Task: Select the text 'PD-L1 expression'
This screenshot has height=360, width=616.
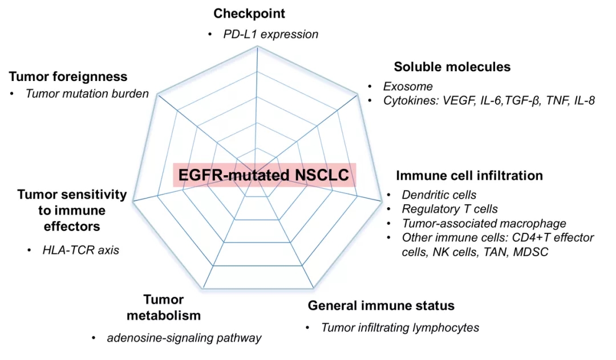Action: [270, 34]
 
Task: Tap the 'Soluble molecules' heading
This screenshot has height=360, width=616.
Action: [452, 67]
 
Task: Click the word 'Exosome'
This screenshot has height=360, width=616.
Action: [407, 87]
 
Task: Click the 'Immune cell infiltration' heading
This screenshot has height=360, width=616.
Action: [469, 175]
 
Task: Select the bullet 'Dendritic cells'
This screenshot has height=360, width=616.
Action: [439, 195]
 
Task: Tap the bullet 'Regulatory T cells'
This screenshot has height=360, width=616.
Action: [441, 209]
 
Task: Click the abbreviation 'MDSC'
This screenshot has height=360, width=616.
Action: [530, 252]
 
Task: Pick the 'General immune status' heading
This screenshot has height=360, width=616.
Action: [381, 306]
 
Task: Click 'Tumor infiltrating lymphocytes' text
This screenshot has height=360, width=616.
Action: [400, 327]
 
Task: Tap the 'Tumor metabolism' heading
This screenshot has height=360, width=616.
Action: [163, 308]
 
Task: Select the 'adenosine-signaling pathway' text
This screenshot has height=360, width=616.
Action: [184, 338]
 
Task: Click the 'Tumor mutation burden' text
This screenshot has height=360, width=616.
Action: [87, 94]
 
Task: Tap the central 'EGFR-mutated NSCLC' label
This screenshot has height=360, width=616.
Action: [264, 175]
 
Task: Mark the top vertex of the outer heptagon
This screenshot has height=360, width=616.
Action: [258, 47]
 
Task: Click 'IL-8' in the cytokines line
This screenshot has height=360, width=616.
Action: [582, 101]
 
